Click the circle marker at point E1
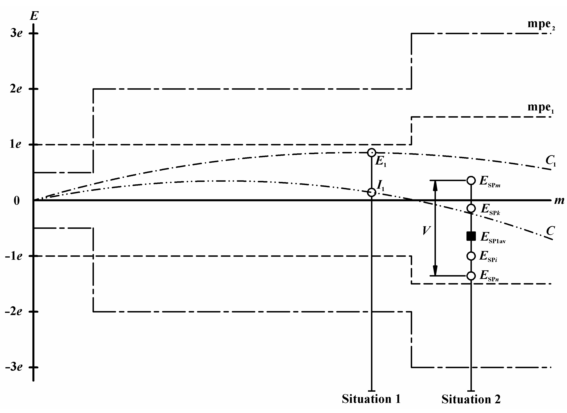click(372, 153)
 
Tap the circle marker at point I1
click(372, 192)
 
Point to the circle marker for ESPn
click(471, 276)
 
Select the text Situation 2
click(471, 399)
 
